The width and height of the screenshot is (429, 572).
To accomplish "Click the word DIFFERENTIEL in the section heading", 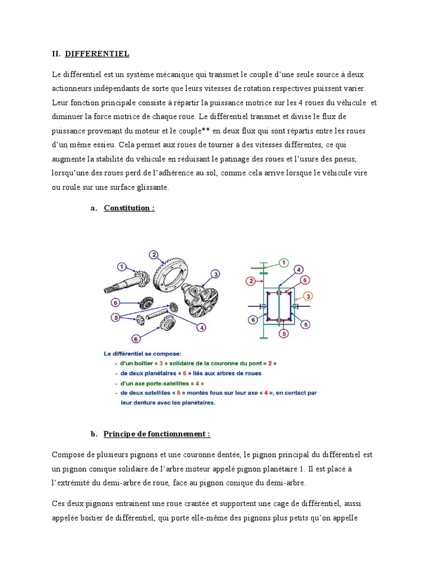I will click(97, 54).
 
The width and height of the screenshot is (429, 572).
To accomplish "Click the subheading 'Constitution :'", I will click(129, 208).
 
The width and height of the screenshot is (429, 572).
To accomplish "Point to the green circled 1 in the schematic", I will click(283, 262).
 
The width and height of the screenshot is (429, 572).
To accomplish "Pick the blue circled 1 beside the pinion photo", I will click(122, 266).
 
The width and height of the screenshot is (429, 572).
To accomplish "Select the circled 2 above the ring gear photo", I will click(153, 255).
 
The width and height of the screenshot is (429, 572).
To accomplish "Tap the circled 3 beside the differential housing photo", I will click(214, 274).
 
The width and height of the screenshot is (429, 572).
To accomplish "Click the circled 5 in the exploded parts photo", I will click(116, 318).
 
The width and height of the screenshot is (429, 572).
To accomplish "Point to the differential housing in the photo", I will click(204, 297).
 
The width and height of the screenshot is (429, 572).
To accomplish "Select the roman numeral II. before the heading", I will click(56, 54).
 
